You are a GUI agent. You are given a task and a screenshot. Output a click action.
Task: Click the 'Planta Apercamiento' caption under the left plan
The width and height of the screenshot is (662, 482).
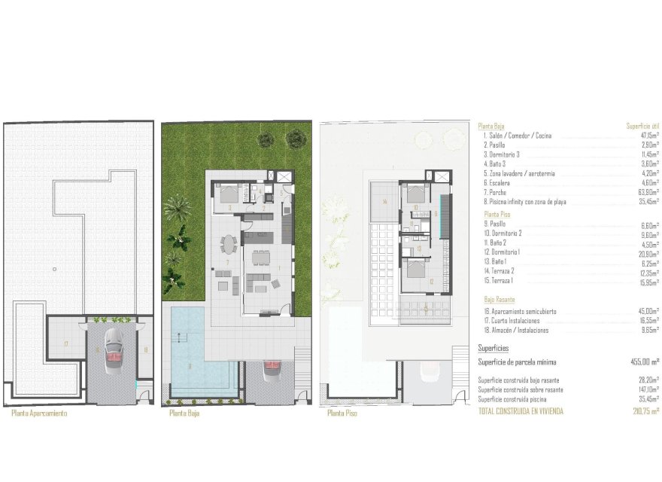tap(40, 413)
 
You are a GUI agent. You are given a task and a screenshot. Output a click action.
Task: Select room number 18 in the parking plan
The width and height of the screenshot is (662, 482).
tap(145, 349)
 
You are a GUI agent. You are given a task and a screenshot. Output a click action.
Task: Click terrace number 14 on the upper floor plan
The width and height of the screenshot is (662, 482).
tap(383, 201)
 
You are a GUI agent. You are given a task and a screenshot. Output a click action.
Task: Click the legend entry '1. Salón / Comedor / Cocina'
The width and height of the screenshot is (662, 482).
tap(518, 136)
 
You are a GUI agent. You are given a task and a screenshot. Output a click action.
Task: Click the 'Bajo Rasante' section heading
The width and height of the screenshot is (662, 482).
tap(500, 300)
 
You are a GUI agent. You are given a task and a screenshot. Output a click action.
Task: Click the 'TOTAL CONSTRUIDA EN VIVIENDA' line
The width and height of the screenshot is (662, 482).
tap(521, 411)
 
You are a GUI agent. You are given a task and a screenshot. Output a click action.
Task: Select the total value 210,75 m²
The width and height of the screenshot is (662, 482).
tap(645, 411)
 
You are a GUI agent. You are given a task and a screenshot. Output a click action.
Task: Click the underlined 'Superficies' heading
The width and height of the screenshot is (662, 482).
tap(493, 349)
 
